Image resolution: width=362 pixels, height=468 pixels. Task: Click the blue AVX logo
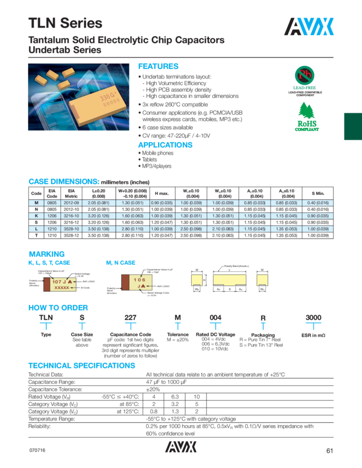[310, 25]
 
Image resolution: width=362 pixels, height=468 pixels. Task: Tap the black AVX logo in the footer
[180, 449]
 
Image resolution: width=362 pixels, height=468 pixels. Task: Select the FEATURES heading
[158, 66]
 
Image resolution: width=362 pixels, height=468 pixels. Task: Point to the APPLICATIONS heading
[165, 145]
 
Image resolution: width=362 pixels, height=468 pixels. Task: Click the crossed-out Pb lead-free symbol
[305, 75]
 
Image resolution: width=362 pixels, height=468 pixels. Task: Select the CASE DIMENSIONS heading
[63, 182]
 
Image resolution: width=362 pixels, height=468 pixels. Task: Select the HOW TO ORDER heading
[58, 308]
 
